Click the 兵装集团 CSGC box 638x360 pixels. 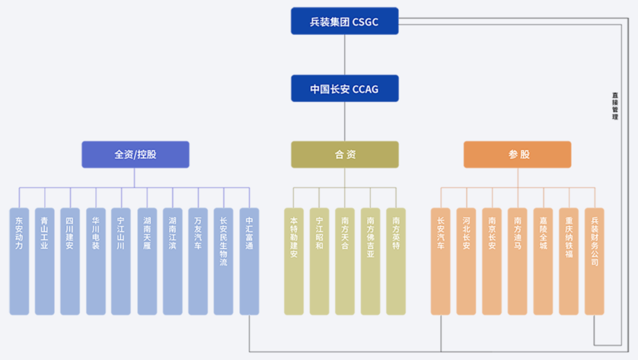[x=344, y=21]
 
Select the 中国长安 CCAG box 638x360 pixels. [x=344, y=89]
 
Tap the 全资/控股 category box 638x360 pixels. [x=135, y=154]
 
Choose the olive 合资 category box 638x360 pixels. [x=344, y=154]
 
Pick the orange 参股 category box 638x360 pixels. [x=517, y=154]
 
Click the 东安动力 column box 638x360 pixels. [x=19, y=261]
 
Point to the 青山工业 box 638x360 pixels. [x=44, y=261]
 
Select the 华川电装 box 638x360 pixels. [x=96, y=261]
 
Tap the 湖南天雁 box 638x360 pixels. [x=147, y=261]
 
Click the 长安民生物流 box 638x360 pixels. [x=223, y=261]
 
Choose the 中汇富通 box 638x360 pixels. [x=249, y=261]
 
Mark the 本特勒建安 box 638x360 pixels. [x=294, y=261]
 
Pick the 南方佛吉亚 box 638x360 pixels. [x=370, y=261]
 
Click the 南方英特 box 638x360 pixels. [x=396, y=261]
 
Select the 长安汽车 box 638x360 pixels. [x=440, y=261]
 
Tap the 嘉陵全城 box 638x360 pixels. [x=543, y=261]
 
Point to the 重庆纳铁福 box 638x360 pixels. [x=568, y=261]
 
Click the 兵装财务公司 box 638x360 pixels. [x=594, y=261]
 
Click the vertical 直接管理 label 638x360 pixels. [x=615, y=106]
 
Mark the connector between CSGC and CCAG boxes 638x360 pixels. [x=344, y=54]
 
